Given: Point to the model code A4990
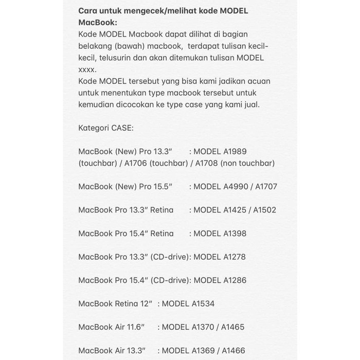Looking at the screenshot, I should click(236, 186).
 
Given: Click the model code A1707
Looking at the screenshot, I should click(265, 186).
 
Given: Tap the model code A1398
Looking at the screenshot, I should click(235, 233).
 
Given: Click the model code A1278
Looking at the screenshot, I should click(235, 257).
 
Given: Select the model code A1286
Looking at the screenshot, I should click(235, 280).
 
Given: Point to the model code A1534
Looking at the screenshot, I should click(203, 303).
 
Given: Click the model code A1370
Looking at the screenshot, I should click(204, 327).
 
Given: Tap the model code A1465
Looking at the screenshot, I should click(232, 327).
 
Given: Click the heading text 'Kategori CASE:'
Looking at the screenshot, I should click(106, 128).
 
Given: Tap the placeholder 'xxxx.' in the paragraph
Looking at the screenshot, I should click(87, 69).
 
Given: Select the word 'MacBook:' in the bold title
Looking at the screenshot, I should click(97, 23).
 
